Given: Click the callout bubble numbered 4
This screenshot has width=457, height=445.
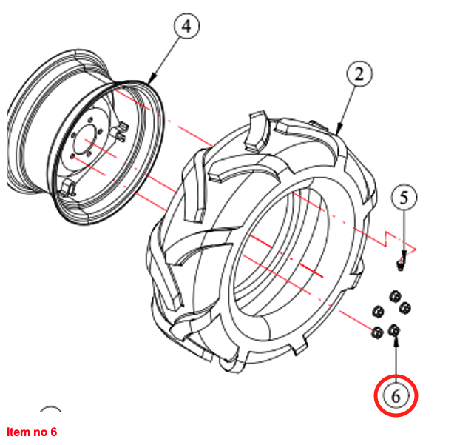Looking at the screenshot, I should click(186, 27).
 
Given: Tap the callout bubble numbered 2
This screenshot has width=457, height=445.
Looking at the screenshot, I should click(359, 74).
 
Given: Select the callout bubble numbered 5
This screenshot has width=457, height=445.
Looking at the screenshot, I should click(404, 198).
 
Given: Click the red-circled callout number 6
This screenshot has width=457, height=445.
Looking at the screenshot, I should click(396, 396).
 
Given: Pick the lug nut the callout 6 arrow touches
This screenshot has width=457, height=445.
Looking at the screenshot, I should click(394, 330).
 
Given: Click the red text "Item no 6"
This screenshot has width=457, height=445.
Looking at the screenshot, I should click(31, 432).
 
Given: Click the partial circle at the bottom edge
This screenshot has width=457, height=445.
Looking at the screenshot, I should click(51, 412).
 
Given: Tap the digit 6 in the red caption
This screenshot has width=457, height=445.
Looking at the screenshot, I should click(53, 432).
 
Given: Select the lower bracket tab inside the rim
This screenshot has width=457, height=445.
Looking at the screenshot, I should click(66, 185).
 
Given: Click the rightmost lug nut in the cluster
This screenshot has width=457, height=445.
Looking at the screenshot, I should click(404, 307).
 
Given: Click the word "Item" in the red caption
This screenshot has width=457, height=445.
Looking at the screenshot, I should click(16, 432).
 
